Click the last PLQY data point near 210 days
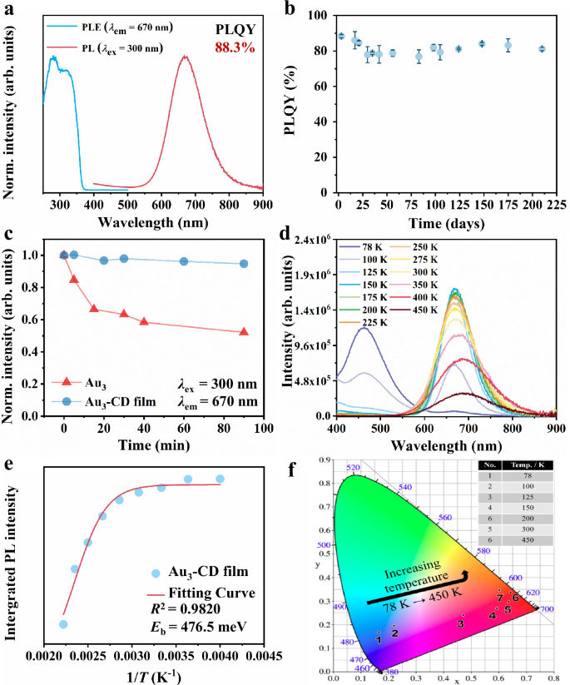(x=542, y=49)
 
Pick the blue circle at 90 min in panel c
(x=244, y=264)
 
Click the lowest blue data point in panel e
(x=62, y=623)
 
